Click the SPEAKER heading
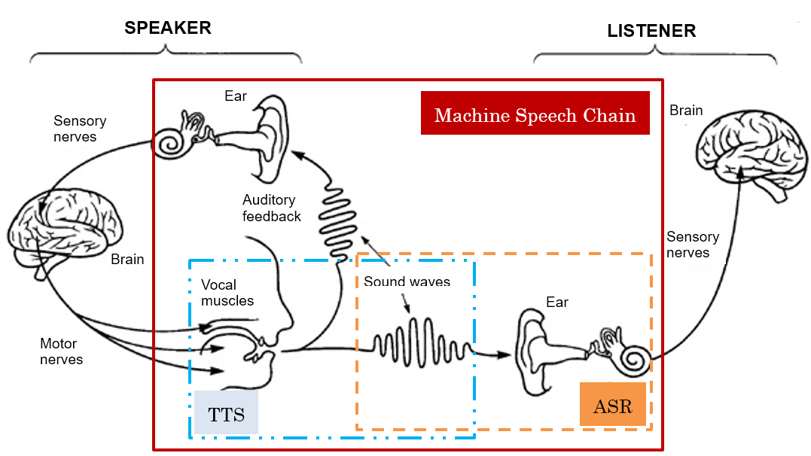(167, 29)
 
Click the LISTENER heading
(651, 31)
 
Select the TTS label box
(226, 412)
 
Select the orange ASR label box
(612, 405)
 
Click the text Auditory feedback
(271, 208)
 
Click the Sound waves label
(407, 282)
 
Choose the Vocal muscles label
(227, 293)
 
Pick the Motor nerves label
(61, 351)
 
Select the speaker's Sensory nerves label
(80, 129)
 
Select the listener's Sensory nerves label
(692, 245)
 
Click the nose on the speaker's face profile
(287, 328)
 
